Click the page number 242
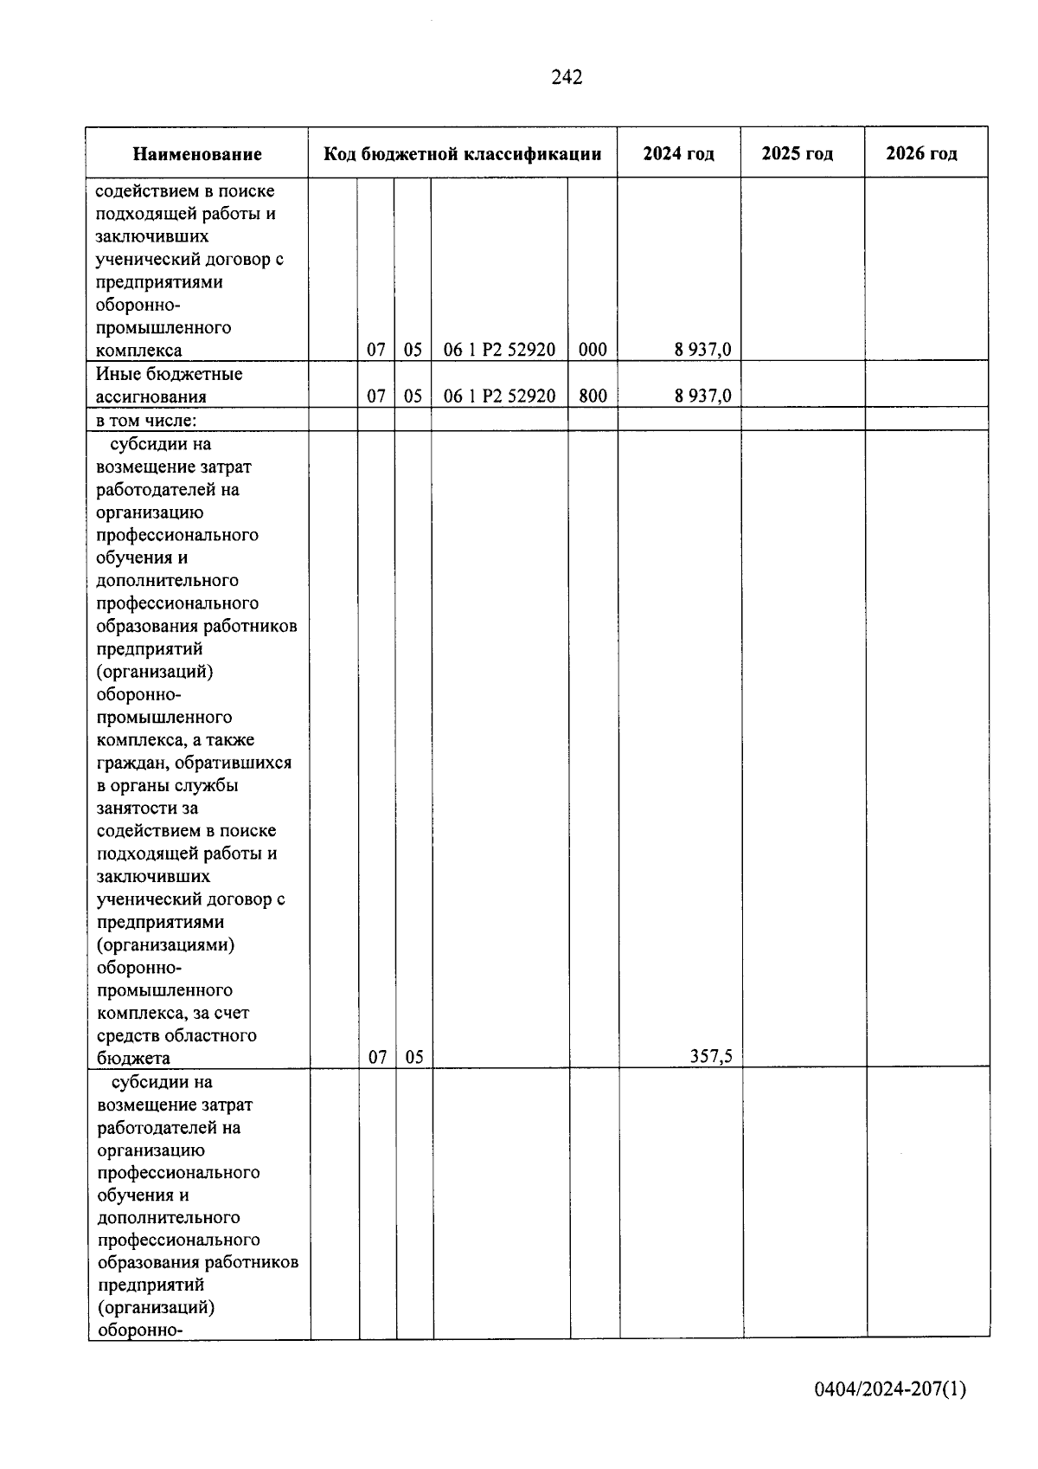tap(567, 78)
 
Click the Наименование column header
tap(197, 155)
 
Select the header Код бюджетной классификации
tap(462, 155)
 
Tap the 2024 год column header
tap(678, 154)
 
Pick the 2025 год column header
tap(797, 154)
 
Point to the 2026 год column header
tap(921, 154)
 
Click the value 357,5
tap(711, 1056)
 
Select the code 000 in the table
tap(593, 350)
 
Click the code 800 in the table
tap(593, 396)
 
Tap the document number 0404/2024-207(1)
tap(889, 1389)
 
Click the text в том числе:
tap(146, 421)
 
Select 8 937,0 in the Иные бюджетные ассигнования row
tap(702, 396)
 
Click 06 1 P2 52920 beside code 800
tap(499, 396)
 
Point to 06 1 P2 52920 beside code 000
tap(499, 350)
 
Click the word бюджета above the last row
tap(133, 1058)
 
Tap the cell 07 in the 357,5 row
tap(377, 1057)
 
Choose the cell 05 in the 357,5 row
tap(414, 1057)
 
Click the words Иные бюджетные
tap(169, 374)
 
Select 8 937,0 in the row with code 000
tap(702, 350)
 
